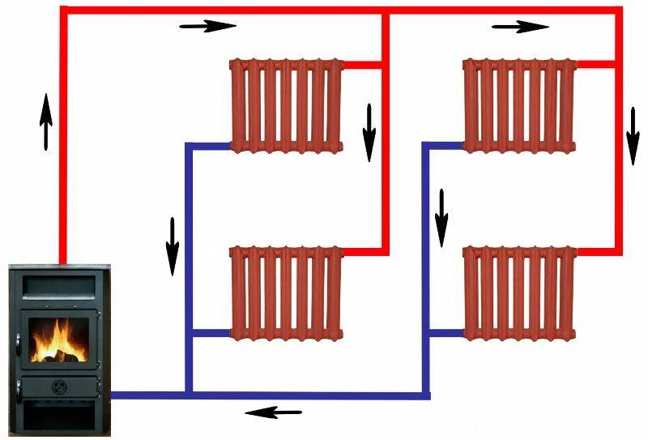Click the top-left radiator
click(288, 105)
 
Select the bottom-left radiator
click(288, 293)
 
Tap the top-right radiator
click(519, 105)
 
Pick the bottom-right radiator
click(519, 293)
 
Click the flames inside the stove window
click(58, 340)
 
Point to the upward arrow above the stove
click(46, 122)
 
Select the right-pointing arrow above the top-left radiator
click(207, 26)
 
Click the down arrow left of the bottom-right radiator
click(441, 218)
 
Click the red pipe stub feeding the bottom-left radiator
click(362, 252)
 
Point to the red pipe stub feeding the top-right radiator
click(596, 63)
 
